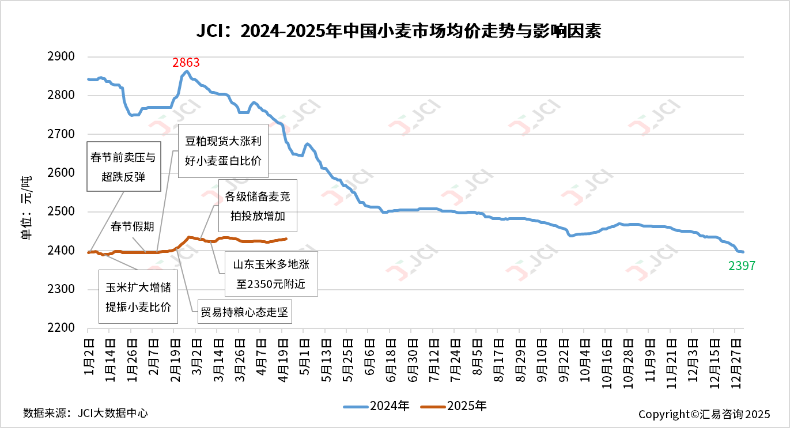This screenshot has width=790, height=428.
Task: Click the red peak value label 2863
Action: point(186,62)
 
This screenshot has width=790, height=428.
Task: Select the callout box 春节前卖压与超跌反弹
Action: point(123,166)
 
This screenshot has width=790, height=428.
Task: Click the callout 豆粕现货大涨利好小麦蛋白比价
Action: point(223,151)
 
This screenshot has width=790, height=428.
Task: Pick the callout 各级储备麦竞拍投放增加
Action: point(258,206)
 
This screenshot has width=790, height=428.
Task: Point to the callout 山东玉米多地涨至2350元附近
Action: point(270,274)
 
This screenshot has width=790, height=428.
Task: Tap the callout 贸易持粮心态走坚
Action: point(245,313)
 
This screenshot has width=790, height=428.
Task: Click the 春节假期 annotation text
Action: point(132,226)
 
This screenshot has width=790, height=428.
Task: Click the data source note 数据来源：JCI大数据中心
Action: point(85,413)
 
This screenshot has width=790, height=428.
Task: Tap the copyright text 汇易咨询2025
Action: point(704,414)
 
